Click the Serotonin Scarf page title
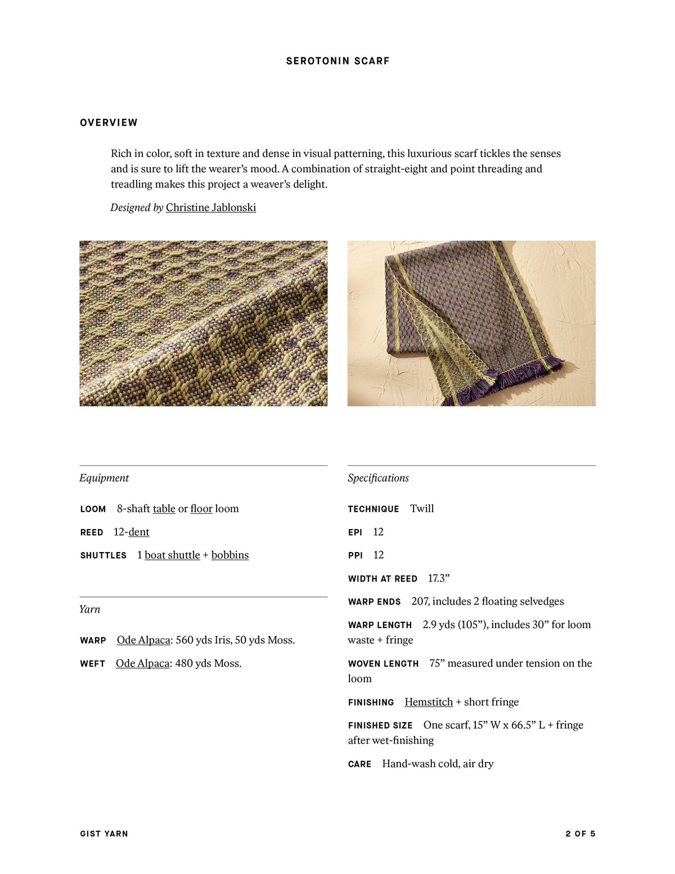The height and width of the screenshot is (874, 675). click(337, 61)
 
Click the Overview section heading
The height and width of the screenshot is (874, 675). click(109, 123)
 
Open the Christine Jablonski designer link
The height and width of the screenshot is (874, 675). click(210, 208)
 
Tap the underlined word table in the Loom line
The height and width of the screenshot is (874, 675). click(164, 509)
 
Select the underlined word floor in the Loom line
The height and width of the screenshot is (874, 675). click(201, 509)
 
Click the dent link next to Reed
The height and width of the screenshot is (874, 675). click(139, 532)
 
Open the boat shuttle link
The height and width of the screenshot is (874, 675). click(172, 555)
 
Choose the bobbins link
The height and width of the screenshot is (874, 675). click(229, 555)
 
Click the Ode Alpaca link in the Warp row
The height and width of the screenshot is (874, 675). click(143, 640)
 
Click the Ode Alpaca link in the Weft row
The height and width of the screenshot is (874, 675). click(142, 664)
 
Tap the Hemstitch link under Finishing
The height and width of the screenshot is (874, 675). click(429, 702)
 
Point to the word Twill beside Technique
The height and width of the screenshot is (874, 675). click(422, 509)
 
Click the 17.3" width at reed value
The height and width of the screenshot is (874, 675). click(439, 579)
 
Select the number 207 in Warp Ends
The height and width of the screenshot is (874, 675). click(420, 602)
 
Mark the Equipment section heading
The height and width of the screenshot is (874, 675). click(104, 478)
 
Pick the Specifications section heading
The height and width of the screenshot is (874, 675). click(378, 478)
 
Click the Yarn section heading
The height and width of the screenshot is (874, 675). click(89, 609)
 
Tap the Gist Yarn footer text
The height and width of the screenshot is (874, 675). click(104, 834)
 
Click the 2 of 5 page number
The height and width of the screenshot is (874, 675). click(580, 834)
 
